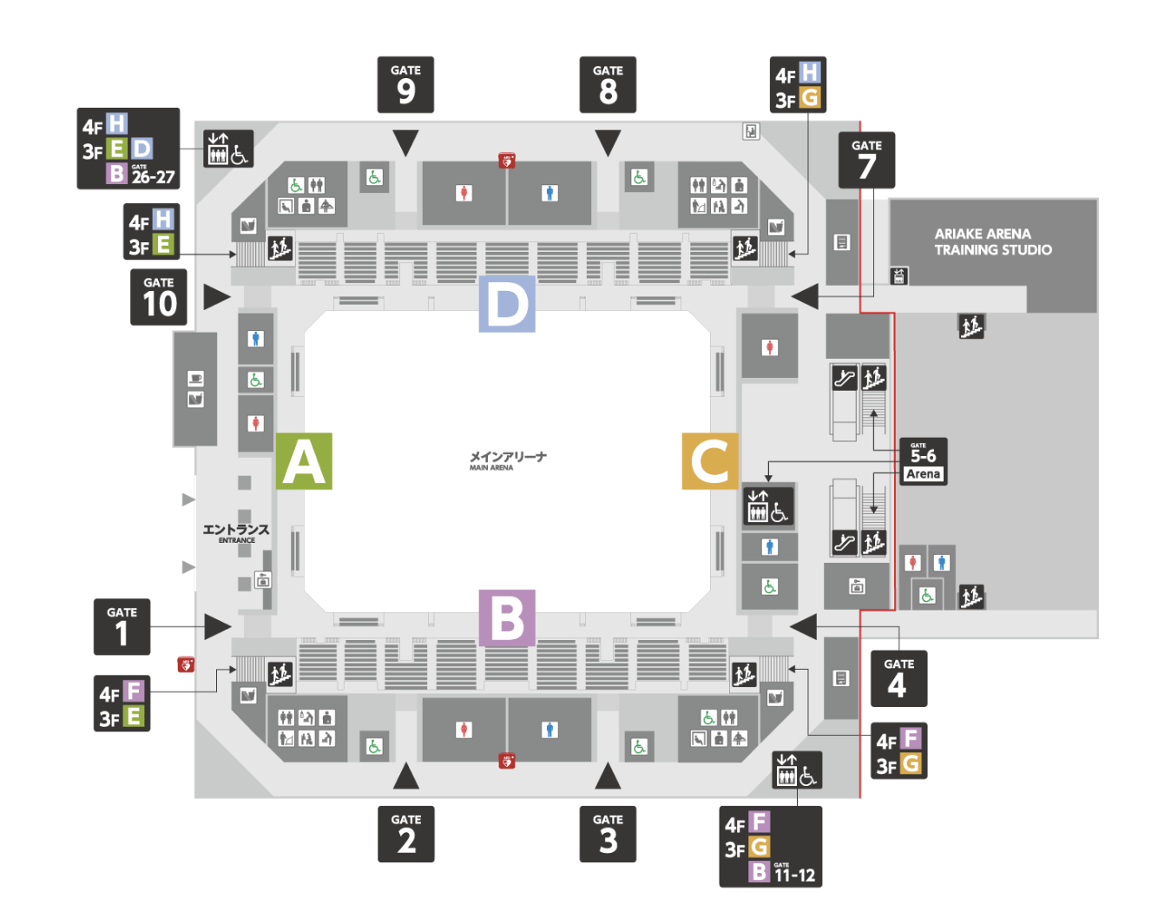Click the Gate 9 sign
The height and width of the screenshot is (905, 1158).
(405, 84)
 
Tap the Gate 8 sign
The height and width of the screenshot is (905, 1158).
(608, 84)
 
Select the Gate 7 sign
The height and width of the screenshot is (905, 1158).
(866, 160)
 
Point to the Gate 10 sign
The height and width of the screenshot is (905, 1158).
(159, 297)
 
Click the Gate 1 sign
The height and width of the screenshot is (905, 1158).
(122, 626)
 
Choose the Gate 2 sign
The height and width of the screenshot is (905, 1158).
(405, 834)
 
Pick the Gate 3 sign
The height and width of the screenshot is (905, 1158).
(608, 834)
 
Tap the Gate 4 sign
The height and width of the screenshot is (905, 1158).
(898, 678)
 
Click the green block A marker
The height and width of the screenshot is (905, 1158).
(304, 461)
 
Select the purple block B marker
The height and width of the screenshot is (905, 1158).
(507, 618)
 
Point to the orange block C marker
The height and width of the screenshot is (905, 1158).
(710, 461)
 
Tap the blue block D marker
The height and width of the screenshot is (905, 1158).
(507, 304)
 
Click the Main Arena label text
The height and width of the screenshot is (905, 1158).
(508, 459)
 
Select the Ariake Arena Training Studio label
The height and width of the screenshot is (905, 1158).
(992, 241)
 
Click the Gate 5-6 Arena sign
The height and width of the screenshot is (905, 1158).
(923, 461)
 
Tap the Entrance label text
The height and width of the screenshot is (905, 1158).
(236, 532)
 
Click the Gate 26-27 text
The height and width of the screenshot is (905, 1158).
(153, 175)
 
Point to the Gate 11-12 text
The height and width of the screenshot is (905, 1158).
(794, 874)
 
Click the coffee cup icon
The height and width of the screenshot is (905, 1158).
(195, 379)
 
